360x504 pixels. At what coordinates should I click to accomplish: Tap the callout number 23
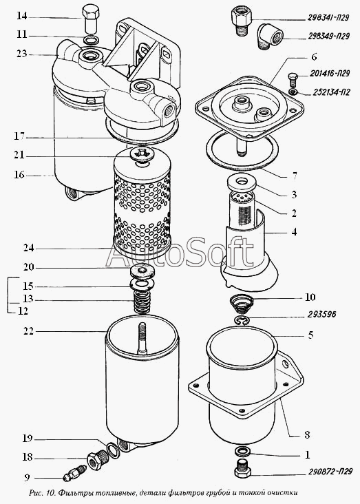pos(21,54)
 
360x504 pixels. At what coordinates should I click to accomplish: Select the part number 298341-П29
pos(328,18)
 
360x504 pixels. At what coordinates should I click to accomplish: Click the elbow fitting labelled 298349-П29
pos(270,36)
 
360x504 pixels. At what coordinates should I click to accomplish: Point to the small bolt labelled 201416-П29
pos(292,79)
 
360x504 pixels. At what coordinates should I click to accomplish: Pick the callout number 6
pos(314,57)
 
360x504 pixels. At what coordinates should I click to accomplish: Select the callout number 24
pos(29,248)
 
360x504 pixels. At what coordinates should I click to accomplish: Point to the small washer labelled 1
pos(243,451)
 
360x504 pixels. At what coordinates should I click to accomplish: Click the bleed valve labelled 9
pos(74,473)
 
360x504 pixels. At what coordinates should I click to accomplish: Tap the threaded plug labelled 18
pos(98,459)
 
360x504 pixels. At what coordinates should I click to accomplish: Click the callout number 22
pos(28,331)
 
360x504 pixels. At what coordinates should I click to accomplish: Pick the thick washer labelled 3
pos(242,182)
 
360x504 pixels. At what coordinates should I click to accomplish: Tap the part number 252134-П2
pos(331,92)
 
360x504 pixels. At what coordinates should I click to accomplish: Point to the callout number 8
pos(307,434)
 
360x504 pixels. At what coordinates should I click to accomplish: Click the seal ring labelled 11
pos(91,41)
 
